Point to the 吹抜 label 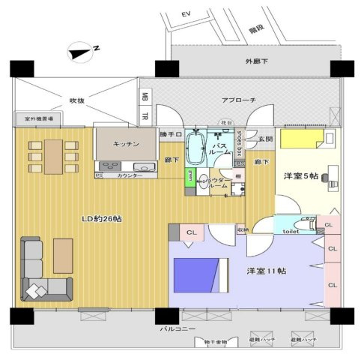(78, 100)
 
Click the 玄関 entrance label (266, 139)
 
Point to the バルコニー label (178, 328)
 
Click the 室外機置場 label (37, 119)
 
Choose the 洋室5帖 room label (300, 175)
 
